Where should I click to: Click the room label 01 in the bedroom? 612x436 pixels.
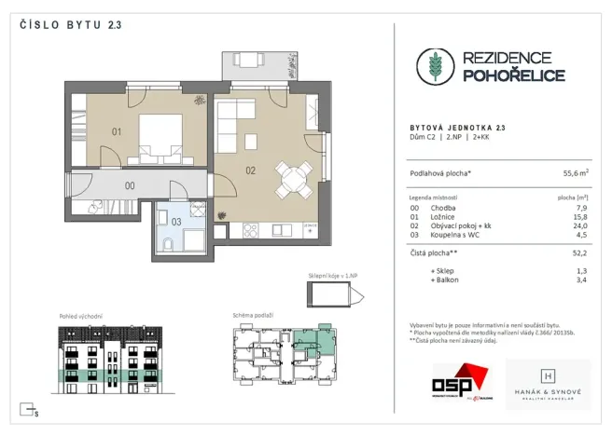click(x=118, y=131)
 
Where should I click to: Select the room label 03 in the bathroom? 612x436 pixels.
click(x=175, y=221)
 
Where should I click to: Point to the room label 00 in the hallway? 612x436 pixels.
click(x=130, y=185)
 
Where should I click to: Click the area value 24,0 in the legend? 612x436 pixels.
click(x=580, y=225)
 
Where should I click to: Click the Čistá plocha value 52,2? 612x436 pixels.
click(x=580, y=252)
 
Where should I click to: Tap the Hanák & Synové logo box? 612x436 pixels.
click(x=548, y=384)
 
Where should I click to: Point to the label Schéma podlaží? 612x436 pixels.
click(x=253, y=316)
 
